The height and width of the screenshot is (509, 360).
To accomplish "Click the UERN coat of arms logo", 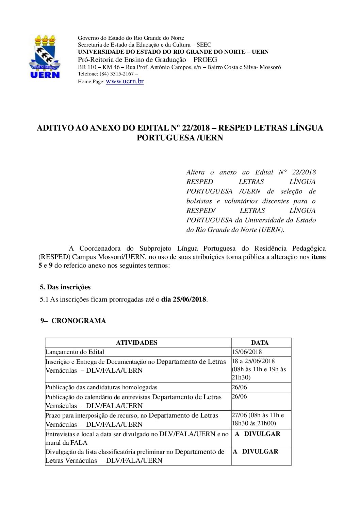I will (x=45, y=56).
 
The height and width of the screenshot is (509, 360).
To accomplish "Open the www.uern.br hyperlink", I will (x=125, y=81).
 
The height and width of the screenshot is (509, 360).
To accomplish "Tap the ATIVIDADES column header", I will (x=136, y=343).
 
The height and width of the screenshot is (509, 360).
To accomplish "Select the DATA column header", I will (x=260, y=343).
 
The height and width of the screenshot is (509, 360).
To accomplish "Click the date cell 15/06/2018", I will (x=247, y=352).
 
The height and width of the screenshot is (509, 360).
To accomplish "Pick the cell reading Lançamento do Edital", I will (x=75, y=352).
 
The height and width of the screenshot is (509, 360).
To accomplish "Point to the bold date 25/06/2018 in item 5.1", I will (x=189, y=300).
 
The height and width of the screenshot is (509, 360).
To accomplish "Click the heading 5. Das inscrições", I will (x=65, y=287).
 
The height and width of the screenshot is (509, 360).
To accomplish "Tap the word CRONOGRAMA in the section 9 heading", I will (x=79, y=321).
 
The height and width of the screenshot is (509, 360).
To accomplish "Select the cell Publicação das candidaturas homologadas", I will (x=101, y=387).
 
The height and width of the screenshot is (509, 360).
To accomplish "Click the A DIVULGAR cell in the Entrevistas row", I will (x=258, y=434).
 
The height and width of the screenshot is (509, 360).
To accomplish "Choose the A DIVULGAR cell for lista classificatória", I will (x=256, y=452).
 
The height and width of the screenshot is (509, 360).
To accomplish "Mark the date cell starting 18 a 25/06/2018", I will (x=253, y=361).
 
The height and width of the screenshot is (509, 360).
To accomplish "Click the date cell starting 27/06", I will (x=258, y=415).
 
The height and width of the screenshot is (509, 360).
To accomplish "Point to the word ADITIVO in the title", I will (x=55, y=128).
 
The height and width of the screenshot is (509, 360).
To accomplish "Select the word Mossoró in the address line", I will (x=270, y=67).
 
